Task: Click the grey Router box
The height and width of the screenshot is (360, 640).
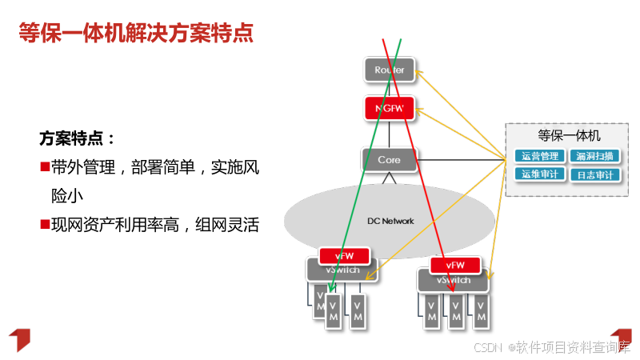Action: tap(390, 70)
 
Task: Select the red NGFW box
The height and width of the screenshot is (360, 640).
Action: tap(390, 106)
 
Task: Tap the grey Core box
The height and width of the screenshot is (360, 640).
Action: tap(390, 160)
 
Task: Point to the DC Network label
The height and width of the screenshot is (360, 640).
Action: tap(390, 221)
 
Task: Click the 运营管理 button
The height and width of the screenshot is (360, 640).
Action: tap(538, 156)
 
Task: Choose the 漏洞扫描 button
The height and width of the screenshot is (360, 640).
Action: tap(594, 156)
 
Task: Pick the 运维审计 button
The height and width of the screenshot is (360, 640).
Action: tap(538, 174)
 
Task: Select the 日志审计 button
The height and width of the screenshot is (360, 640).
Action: tap(594, 174)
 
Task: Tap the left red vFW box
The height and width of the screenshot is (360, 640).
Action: tap(345, 255)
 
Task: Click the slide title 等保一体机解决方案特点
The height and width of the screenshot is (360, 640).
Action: tap(136, 34)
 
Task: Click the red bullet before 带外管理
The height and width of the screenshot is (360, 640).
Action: tap(45, 167)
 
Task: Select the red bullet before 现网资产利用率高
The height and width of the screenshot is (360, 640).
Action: tap(45, 224)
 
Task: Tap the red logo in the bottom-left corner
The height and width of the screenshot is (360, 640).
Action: tap(19, 339)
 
